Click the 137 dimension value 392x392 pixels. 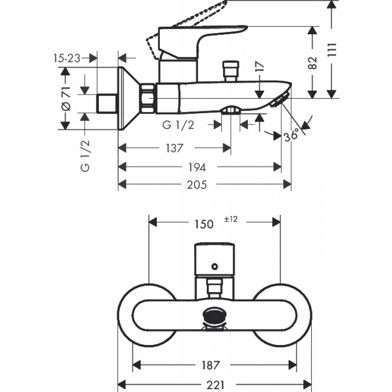(174, 148)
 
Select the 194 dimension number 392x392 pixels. (197, 167)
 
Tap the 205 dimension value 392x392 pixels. (197, 185)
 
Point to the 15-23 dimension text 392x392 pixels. (67, 58)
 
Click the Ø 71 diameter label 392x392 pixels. (66, 98)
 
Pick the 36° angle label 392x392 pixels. (292, 135)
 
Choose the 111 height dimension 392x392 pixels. (332, 50)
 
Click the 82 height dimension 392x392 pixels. (313, 63)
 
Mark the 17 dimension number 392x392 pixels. (260, 67)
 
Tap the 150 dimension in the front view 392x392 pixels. (204, 224)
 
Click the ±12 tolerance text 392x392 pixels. (231, 219)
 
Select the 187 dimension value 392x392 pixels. (211, 365)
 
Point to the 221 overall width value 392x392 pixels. (216, 385)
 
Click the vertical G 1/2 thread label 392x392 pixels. (85, 156)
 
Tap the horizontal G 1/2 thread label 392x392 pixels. (178, 125)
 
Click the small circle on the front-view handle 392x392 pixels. (215, 267)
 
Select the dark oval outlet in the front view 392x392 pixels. (215, 317)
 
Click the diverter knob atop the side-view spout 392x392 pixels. (230, 71)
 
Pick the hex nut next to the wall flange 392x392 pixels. (147, 98)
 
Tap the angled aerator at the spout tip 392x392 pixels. (280, 99)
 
